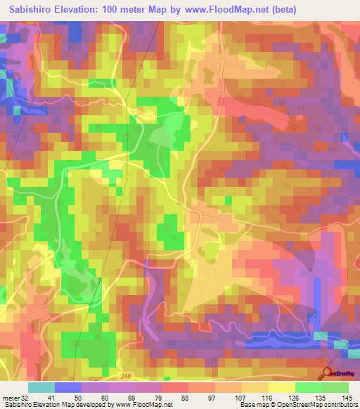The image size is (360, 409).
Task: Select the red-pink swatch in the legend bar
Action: (175, 387)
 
